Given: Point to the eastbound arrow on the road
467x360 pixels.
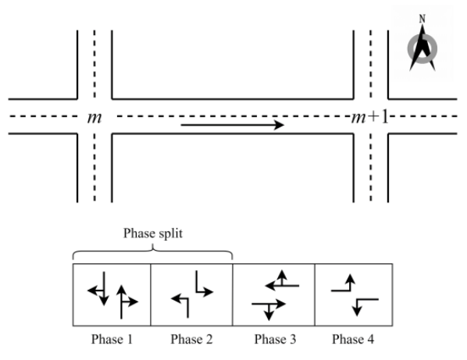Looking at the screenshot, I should [232, 124].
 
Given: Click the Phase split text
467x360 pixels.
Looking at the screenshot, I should [152, 234].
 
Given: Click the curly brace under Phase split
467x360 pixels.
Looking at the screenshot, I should [152, 252].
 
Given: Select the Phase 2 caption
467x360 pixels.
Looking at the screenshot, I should [191, 340].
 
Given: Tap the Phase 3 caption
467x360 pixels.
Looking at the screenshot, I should [273, 340].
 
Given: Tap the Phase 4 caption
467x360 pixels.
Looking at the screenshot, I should [353, 340].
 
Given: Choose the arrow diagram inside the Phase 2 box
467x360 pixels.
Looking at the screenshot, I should [191, 295].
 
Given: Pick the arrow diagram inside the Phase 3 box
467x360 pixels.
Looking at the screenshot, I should [273, 295].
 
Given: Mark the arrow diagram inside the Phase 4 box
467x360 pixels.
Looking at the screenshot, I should [353, 295].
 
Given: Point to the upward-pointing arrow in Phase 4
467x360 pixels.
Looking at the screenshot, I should [345, 284].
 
